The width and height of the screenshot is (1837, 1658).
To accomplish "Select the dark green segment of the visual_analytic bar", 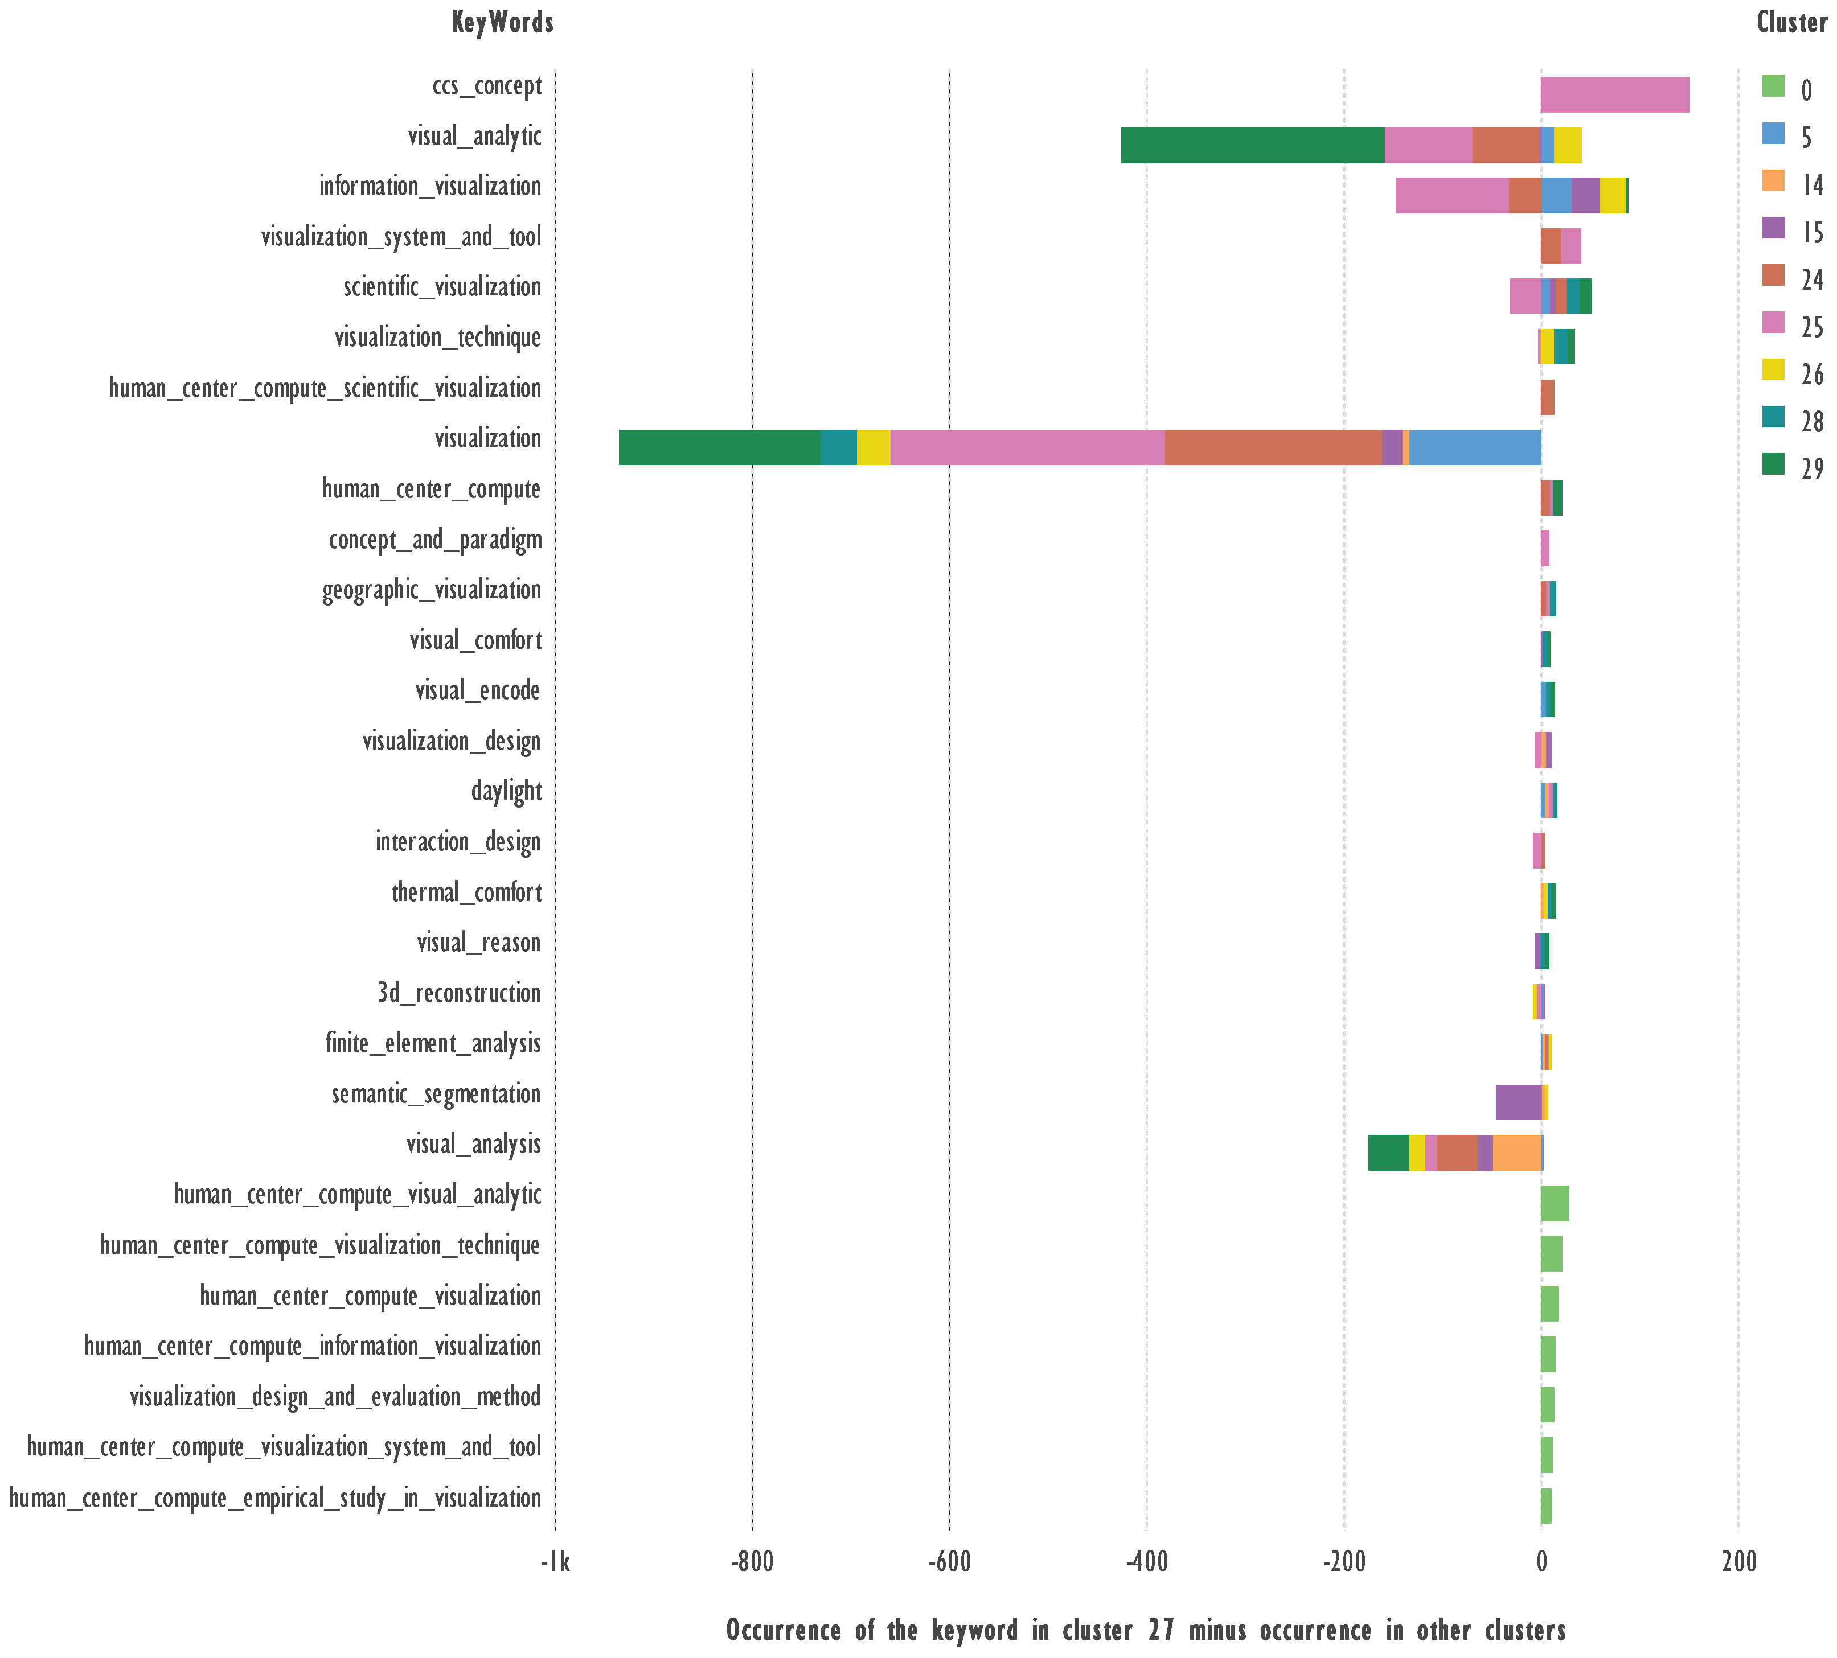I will coord(1252,145).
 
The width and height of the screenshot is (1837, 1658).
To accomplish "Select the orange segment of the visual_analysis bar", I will coord(1517,1153).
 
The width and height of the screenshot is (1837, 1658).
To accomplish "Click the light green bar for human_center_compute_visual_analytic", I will coord(1555,1203).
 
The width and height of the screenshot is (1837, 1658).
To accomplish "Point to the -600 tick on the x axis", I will coord(949,1564).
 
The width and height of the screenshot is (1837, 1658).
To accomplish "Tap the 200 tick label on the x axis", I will coord(1738,1564).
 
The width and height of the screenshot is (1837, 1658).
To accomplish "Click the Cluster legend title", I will coord(1790,23).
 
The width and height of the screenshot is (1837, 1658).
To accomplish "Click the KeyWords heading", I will coord(503,23).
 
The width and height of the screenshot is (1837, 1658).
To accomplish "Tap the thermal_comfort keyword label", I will coord(466,892).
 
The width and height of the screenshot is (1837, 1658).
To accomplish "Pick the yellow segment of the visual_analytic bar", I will coord(1567,145).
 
